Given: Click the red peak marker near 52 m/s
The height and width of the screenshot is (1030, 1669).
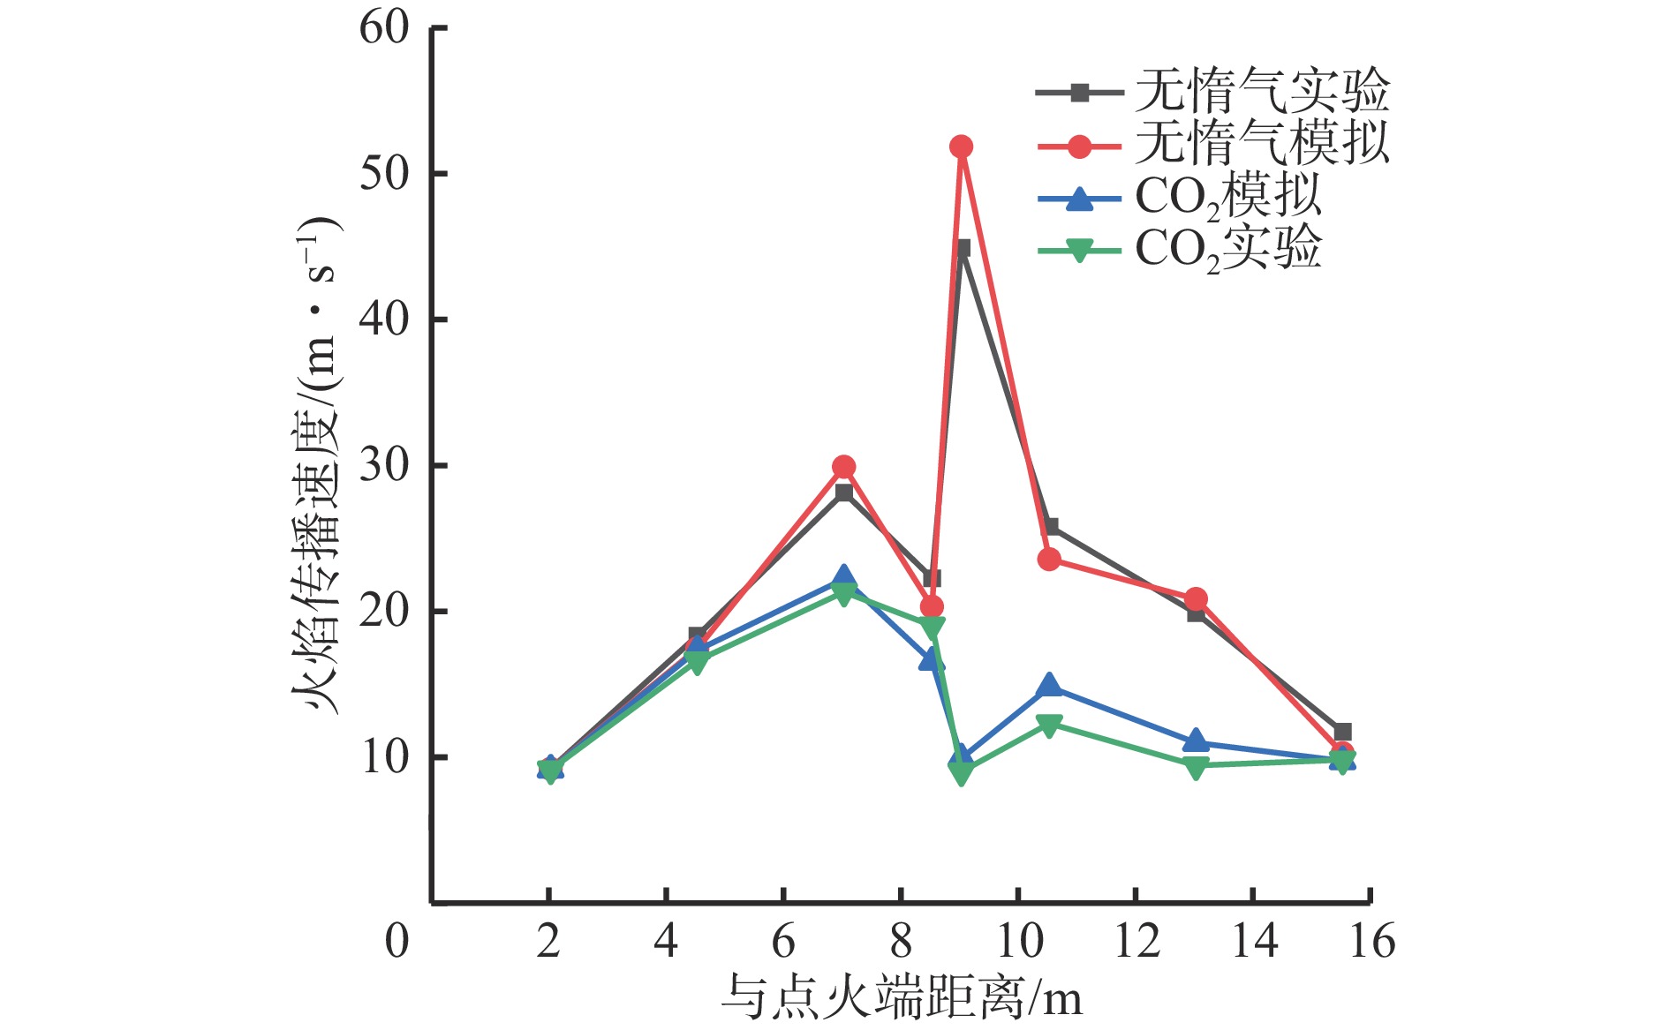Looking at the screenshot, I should (x=961, y=147).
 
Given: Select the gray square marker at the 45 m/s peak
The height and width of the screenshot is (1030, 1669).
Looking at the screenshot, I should (x=963, y=248).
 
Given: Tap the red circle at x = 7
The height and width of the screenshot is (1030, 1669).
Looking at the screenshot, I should (x=843, y=466).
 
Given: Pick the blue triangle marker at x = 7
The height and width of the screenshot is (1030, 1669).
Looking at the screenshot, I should (x=843, y=578).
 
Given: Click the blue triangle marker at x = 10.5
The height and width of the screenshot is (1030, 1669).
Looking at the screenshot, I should (x=1049, y=685).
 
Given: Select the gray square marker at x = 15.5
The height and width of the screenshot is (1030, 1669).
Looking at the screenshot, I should (x=1342, y=732).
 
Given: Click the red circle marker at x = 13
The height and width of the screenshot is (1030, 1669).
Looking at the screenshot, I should (x=1196, y=600).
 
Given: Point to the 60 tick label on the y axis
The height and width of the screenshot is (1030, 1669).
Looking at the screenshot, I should (x=384, y=28).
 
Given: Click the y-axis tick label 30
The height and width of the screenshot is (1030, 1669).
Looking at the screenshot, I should (x=384, y=465).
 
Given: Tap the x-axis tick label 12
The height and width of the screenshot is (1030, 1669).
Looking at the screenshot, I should (x=1137, y=941).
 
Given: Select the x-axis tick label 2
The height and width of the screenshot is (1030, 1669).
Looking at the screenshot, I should (x=548, y=941).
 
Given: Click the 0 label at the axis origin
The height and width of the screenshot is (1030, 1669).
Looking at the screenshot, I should (x=397, y=941).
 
